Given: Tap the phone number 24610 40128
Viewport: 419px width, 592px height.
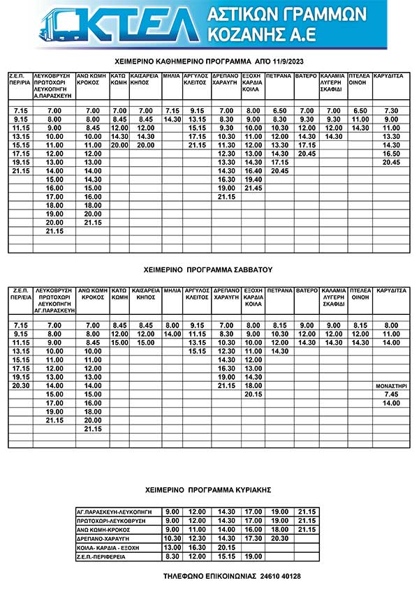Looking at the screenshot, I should coord(277,576).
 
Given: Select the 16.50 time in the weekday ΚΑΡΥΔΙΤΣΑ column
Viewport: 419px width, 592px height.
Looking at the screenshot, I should coord(391,153).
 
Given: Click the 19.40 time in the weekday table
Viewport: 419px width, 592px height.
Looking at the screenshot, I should coord(253,179).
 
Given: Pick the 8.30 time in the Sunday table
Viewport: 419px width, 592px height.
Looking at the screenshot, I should coord(171,556).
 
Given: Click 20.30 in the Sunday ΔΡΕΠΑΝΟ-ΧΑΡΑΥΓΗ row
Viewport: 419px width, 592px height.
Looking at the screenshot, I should coord(279,538).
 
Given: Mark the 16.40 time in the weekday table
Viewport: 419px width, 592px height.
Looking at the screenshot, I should coord(253,170).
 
